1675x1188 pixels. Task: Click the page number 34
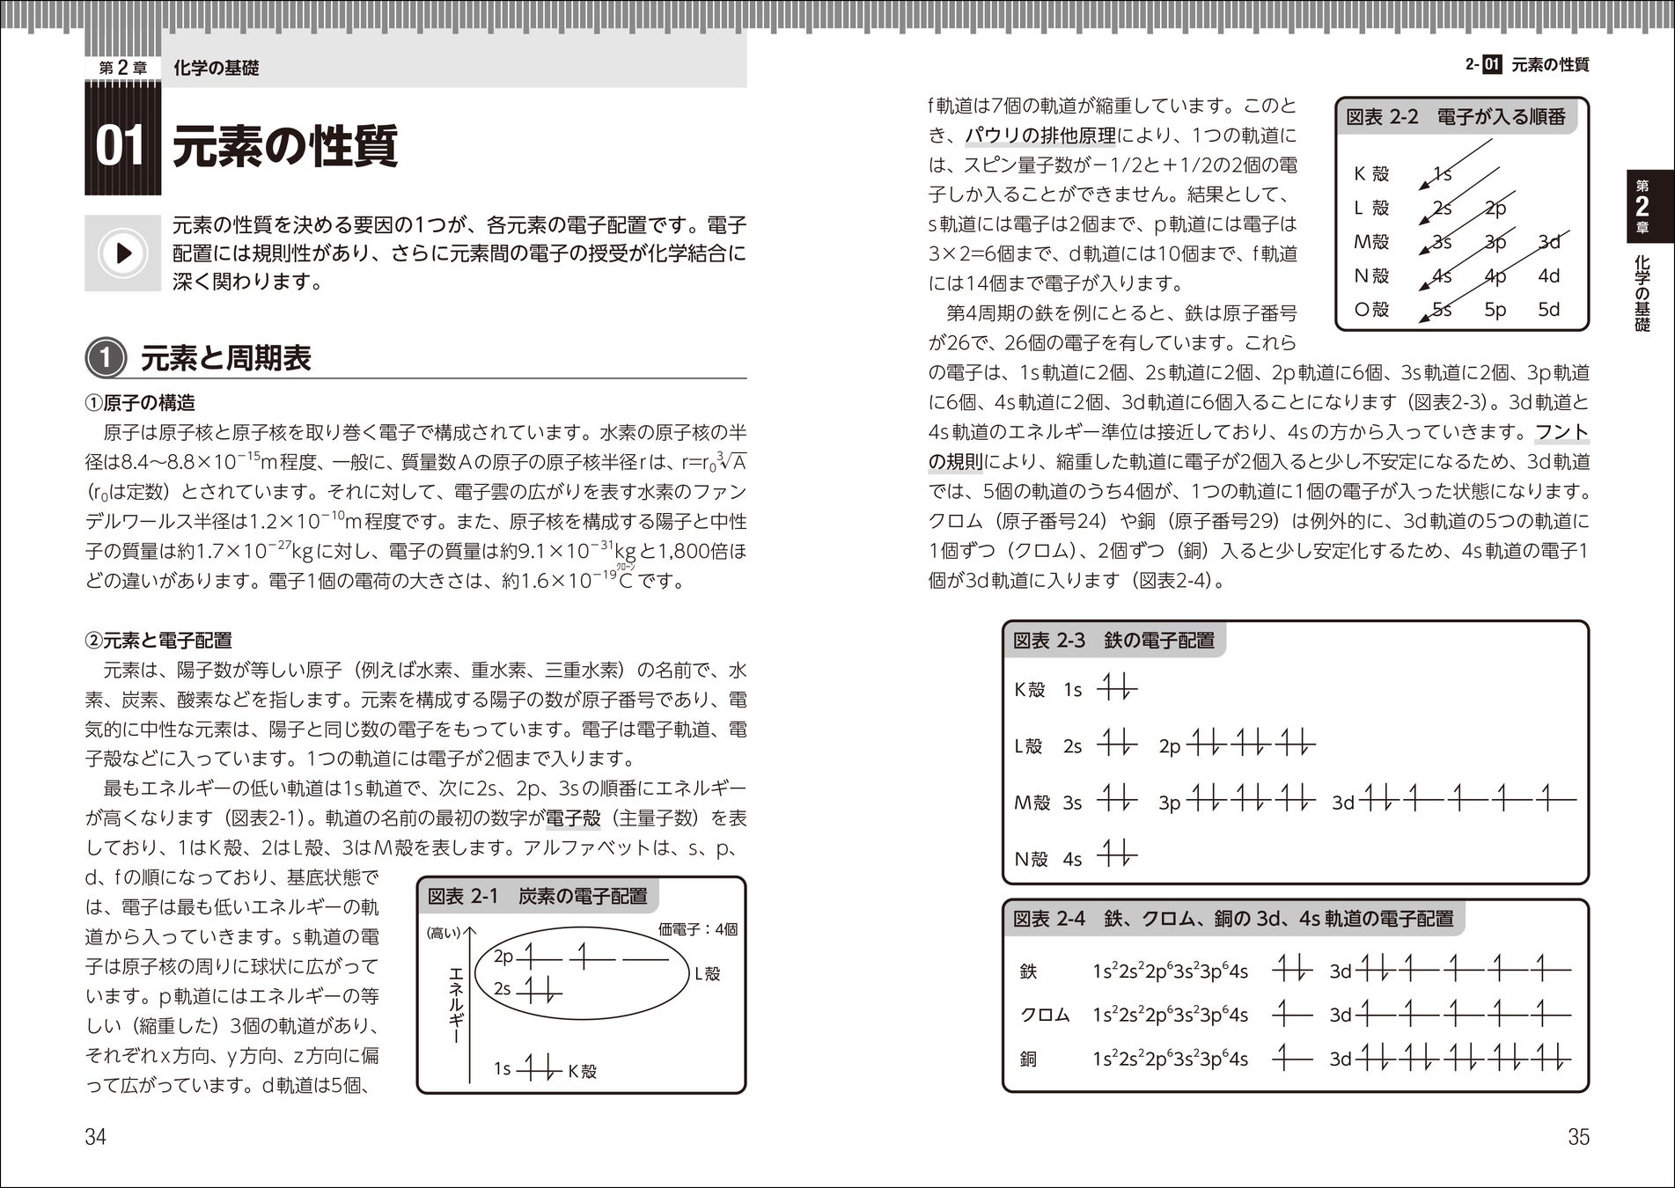(x=95, y=1137)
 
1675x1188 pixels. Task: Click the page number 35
(x=1578, y=1137)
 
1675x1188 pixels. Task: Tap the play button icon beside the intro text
(x=122, y=253)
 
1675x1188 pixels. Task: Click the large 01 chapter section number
(x=121, y=145)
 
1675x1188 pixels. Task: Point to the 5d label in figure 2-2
(x=1548, y=310)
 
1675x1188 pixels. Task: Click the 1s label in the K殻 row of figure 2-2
(x=1443, y=173)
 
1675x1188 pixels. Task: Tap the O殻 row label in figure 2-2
(x=1370, y=310)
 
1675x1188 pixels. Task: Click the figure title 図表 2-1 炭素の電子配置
(x=537, y=896)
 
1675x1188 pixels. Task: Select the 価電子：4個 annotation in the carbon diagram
(x=697, y=929)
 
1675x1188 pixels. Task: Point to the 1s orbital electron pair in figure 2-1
(x=539, y=1070)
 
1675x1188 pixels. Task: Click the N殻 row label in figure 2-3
(x=1031, y=859)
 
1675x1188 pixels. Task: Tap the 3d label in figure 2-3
(x=1343, y=803)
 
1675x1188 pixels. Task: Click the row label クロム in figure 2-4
(x=1045, y=1015)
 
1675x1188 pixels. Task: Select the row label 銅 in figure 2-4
(x=1028, y=1059)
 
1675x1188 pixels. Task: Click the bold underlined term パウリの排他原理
(x=1040, y=136)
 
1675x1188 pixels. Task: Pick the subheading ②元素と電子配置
(x=158, y=640)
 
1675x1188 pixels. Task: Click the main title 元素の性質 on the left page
(x=284, y=146)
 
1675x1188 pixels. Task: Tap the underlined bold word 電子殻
(x=573, y=818)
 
